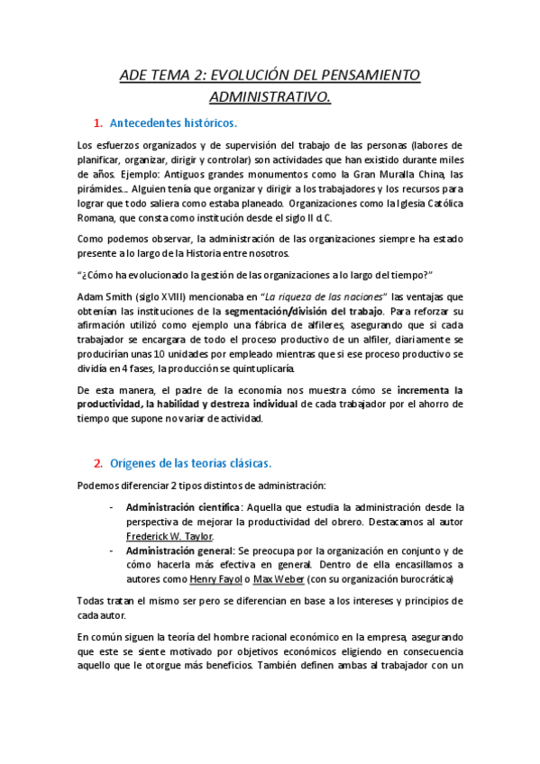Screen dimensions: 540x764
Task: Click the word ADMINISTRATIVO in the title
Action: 270,95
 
